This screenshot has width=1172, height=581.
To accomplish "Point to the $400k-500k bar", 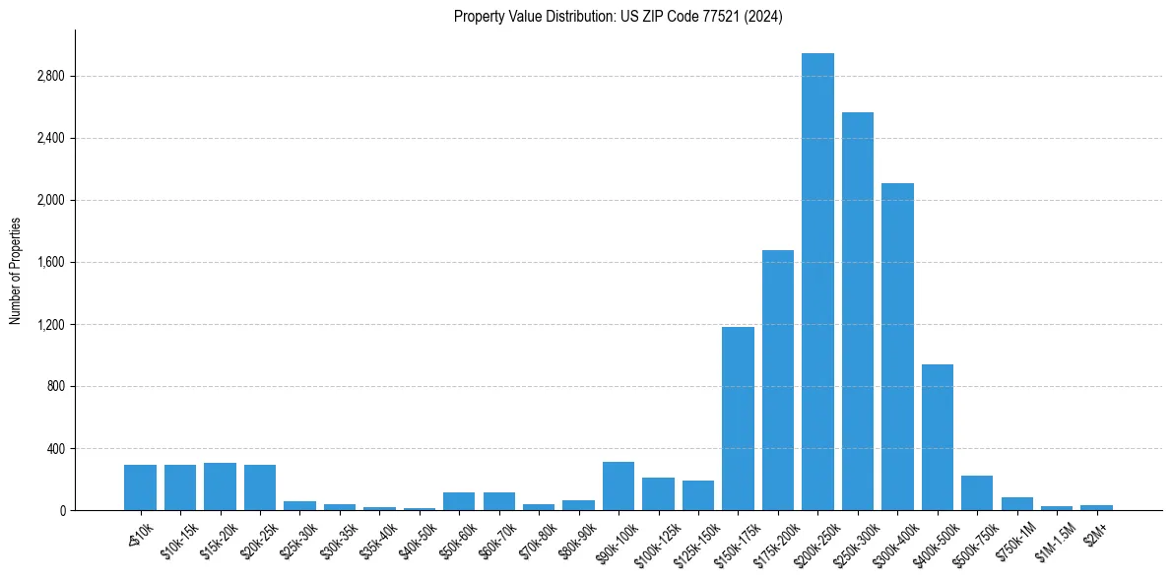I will (x=938, y=437).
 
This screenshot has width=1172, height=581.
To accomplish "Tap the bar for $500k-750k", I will (x=977, y=493).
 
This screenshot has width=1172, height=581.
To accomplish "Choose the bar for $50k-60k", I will (x=459, y=501).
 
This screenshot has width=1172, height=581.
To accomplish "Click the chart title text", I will (x=619, y=17).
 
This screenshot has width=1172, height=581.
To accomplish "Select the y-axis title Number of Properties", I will (x=16, y=270).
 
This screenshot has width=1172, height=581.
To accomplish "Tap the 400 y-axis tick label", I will (x=55, y=448).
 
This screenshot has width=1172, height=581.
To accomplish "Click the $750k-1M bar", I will (x=1017, y=504).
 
